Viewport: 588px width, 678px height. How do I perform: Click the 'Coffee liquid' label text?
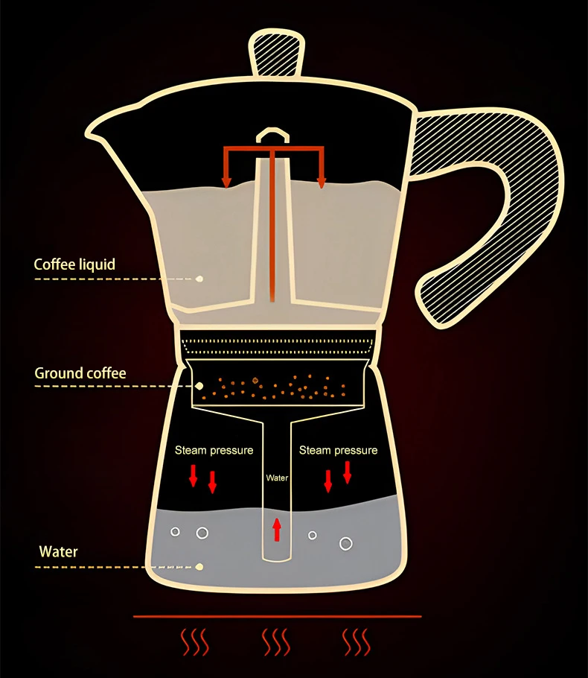74,264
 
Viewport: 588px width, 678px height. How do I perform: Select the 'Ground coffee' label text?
80,373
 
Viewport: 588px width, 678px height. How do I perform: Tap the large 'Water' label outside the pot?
58,552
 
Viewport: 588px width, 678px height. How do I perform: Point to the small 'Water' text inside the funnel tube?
277,478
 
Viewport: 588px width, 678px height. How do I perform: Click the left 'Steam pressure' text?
214,450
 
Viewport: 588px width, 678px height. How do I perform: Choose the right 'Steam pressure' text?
338,450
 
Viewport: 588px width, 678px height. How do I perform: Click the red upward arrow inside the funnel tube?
277,529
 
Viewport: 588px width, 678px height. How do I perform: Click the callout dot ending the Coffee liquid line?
199,279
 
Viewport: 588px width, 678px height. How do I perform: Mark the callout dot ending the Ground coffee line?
199,386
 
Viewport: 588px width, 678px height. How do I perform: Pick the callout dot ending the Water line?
199,567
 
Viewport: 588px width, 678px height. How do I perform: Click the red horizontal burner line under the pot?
277,616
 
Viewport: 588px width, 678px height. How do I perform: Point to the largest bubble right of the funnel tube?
345,543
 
